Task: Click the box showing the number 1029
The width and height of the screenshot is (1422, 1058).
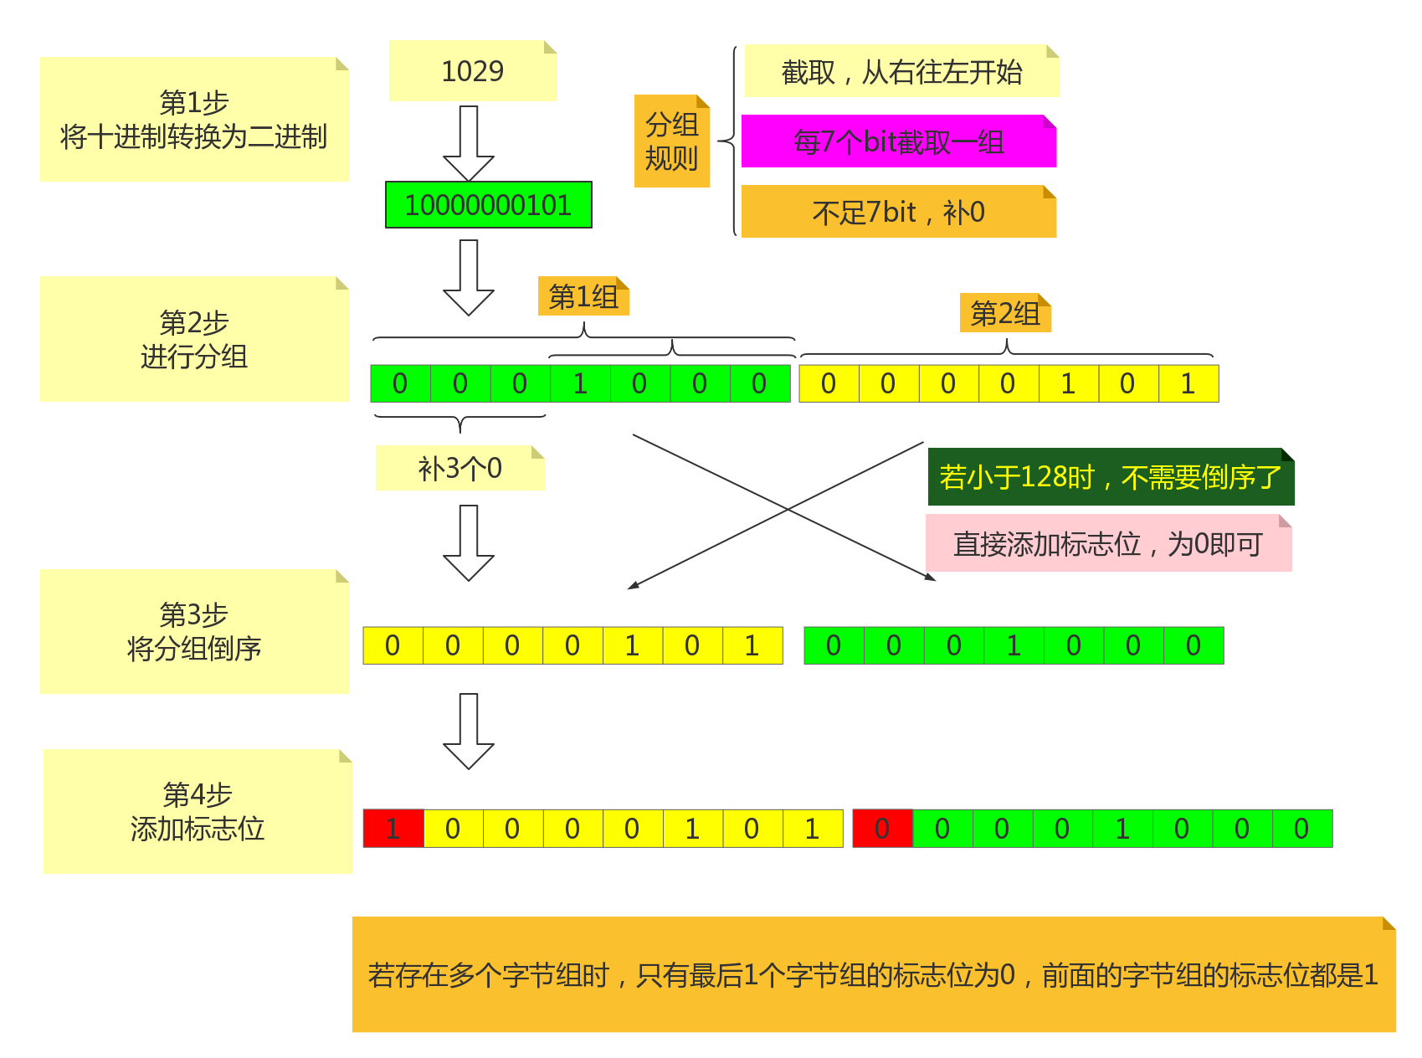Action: pos(473,71)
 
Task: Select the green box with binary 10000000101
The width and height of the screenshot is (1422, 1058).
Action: pos(488,205)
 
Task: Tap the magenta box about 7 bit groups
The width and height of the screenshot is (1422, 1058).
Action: pos(899,141)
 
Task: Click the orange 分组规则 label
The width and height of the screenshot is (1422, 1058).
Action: pos(672,141)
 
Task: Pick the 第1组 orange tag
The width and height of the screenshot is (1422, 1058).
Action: pos(583,296)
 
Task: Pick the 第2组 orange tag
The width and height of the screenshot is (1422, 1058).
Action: pos(1005,313)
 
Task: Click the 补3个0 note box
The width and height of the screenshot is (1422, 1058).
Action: pos(459,468)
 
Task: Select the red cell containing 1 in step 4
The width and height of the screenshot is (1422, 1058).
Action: pos(393,829)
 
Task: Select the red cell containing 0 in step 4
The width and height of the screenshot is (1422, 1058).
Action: pos(882,829)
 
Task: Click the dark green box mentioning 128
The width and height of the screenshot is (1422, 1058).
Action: pos(1111,477)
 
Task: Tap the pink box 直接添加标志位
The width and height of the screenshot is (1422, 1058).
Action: pos(1108,544)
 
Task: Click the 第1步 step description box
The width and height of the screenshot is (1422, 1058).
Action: pos(194,120)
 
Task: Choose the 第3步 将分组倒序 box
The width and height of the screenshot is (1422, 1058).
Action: pos(194,632)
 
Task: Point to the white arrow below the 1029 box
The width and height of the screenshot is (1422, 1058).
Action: pos(469,142)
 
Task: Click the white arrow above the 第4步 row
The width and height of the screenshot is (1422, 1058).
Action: pos(469,730)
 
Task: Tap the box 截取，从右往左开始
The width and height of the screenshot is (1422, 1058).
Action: pos(901,72)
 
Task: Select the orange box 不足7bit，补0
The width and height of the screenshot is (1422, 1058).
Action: pos(898,212)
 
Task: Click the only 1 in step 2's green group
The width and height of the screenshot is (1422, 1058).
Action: pos(580,383)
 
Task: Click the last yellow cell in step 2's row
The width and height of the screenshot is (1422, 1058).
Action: pos(1188,383)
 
